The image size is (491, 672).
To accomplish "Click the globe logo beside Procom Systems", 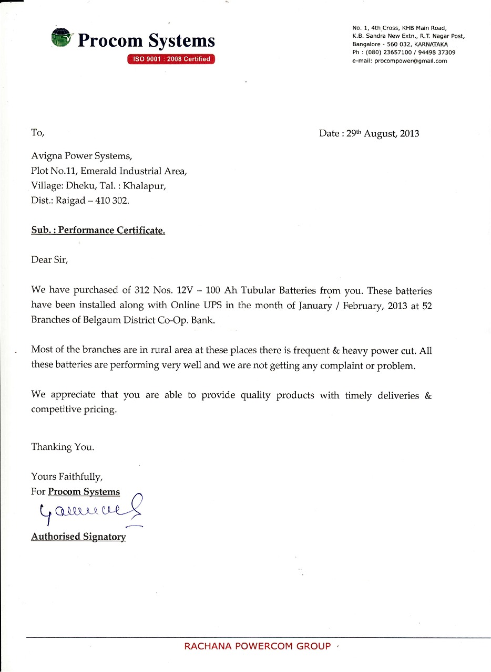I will pos(62,38).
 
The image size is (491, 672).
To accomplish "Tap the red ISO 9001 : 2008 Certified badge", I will pos(171,59).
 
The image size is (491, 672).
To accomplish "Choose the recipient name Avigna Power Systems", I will pos(78,156).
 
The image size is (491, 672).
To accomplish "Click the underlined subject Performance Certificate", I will pos(111,230).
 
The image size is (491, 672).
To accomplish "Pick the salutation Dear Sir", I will pos(49,260).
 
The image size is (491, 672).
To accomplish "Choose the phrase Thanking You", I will pos(63,447).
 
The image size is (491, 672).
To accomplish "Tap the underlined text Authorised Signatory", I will pos(78,537).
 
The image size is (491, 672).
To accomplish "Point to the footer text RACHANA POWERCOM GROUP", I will pos(258,646).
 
